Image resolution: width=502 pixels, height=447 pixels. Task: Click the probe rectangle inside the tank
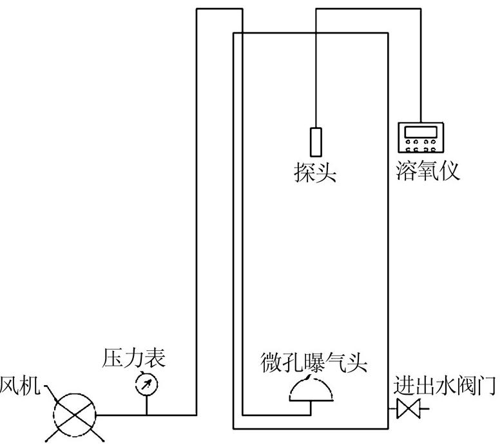[x=316, y=142]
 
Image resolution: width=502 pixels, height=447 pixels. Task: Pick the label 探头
[x=315, y=172]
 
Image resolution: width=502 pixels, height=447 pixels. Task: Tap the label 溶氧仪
[x=428, y=170]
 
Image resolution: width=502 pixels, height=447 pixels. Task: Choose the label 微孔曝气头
[x=314, y=363]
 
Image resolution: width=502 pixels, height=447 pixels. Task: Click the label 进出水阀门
[x=445, y=385]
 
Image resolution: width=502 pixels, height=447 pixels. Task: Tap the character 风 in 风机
[x=10, y=386]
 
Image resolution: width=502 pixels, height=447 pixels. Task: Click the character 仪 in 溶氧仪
[x=449, y=170]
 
